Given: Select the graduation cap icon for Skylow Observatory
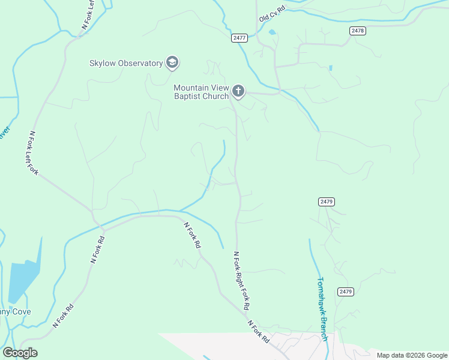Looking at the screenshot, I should point(173,62).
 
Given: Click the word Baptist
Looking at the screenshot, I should point(189,96).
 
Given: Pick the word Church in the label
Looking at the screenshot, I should point(216,96).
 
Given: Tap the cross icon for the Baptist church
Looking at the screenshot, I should point(238,91).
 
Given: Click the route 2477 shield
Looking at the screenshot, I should point(239,38).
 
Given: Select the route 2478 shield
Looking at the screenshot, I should point(357,31).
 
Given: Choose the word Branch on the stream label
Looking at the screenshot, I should point(324,328).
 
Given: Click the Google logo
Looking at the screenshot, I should point(20,353).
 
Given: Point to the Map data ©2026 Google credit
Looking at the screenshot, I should point(412,355).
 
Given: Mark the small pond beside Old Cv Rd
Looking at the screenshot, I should point(273,32).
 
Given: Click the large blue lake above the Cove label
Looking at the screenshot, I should point(23,279).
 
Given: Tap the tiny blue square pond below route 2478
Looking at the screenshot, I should point(330,68).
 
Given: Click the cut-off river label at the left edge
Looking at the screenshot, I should point(2,133).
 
